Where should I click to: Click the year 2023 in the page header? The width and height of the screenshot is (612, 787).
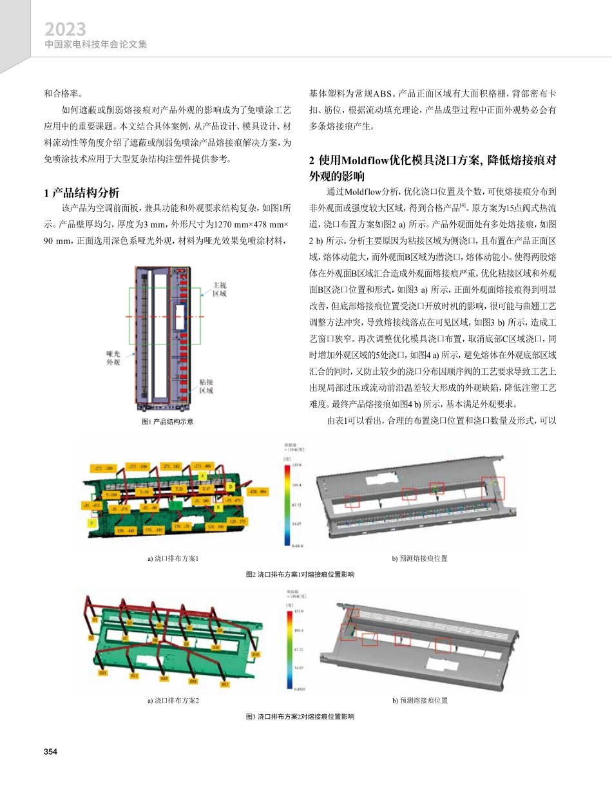pos(65,30)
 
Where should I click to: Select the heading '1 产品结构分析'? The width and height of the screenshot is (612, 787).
pos(81,193)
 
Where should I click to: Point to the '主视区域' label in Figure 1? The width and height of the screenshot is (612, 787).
pos(219,289)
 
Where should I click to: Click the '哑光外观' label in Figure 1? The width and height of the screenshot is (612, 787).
pos(113,357)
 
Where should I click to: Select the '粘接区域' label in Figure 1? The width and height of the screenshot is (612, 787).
pos(207,386)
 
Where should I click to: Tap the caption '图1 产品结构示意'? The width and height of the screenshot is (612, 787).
pos(167,422)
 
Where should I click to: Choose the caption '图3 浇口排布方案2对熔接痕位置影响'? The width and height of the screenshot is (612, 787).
pos(301,716)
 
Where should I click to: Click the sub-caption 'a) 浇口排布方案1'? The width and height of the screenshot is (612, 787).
pos(173,558)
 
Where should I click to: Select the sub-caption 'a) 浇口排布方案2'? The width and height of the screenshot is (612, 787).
pos(173,700)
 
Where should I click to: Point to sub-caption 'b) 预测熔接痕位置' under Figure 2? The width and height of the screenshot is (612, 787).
pos(421,558)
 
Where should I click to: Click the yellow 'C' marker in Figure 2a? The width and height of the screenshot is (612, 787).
pos(91,523)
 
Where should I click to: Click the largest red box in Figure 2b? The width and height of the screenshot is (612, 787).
pos(493,488)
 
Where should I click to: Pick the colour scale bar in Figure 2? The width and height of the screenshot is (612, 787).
pos(287,504)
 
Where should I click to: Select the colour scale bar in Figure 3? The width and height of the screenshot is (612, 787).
pos(288,649)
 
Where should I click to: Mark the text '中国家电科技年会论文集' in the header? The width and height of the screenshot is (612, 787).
pos(96,45)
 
